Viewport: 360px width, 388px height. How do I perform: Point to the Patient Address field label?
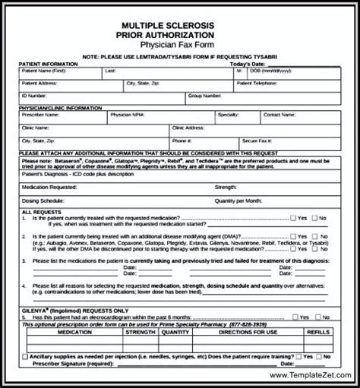click(40, 83)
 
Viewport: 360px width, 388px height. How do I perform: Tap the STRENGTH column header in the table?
click(141, 331)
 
